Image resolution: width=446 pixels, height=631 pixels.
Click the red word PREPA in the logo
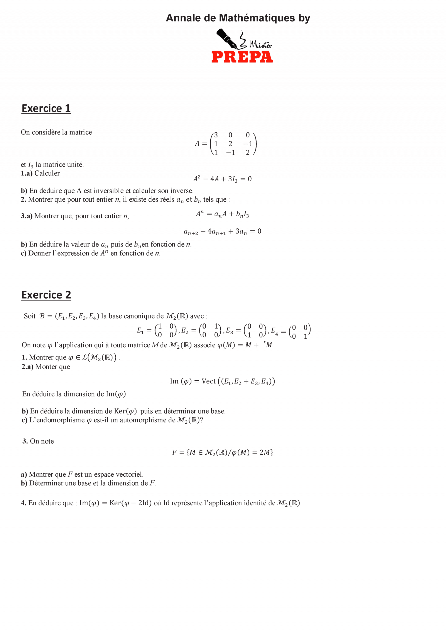(242, 57)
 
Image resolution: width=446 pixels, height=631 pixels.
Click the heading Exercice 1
(46, 109)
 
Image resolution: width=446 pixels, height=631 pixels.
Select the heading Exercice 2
(46, 295)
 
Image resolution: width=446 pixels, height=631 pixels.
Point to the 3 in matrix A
(216, 135)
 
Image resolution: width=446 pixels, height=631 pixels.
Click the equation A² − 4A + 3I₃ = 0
(222, 179)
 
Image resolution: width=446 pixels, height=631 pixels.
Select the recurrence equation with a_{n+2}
(222, 231)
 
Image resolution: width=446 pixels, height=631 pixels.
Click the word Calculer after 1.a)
(47, 173)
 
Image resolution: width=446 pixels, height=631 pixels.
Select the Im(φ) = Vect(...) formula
(222, 381)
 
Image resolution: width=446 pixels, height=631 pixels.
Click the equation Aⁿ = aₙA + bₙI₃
(222, 214)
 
